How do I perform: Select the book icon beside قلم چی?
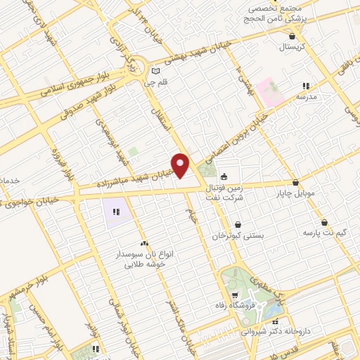(x=156, y=71)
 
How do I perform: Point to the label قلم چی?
(x=153, y=82)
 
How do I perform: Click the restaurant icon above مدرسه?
(x=306, y=86)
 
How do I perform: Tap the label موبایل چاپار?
(x=295, y=192)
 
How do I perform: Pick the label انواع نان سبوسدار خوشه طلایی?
(x=144, y=259)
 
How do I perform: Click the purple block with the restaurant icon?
(x=117, y=210)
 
